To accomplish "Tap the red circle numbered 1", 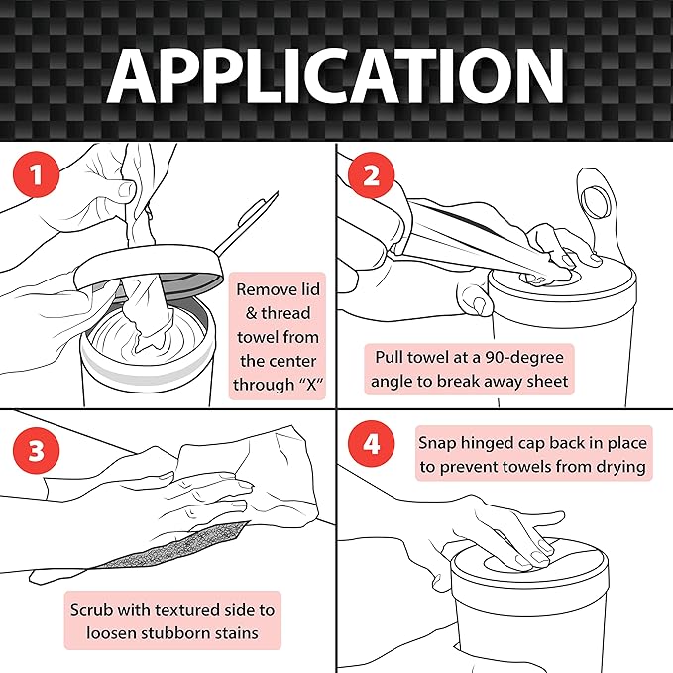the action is pos(36,175).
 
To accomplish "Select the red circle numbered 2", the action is pos(371,175).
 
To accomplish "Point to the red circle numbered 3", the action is pos(36,451).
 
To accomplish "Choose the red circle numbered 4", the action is pos(371,444).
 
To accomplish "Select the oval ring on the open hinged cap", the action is pos(595,202).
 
